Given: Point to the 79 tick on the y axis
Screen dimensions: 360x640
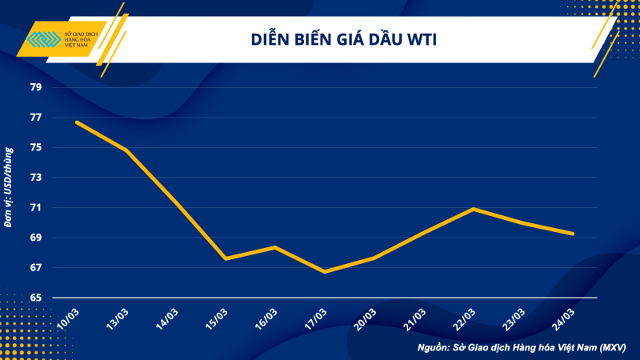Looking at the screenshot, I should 36,87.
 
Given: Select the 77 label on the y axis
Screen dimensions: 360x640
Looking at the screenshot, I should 36,118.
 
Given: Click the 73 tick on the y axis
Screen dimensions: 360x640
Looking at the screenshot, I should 36,178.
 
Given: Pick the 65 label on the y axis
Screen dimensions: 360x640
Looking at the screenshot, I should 36,298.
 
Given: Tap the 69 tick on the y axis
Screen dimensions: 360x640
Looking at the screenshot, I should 36,238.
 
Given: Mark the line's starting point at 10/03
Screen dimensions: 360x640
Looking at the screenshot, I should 76,122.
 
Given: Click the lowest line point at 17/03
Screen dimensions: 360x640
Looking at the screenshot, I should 324,272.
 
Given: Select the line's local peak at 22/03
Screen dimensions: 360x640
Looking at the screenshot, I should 474,209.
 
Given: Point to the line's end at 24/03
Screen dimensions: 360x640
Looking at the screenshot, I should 573,234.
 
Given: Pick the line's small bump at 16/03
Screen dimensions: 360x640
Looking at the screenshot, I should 274,247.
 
